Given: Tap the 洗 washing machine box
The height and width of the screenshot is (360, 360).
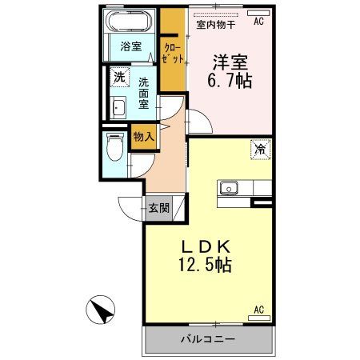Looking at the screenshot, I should pyautogui.click(x=118, y=78).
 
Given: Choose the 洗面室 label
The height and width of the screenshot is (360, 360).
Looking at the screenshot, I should pyautogui.click(x=143, y=93).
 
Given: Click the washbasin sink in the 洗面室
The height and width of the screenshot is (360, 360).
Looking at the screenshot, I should pyautogui.click(x=118, y=108).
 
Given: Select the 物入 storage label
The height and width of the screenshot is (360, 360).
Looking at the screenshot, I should pyautogui.click(x=142, y=138).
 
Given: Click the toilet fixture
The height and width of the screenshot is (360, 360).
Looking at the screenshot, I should pyautogui.click(x=113, y=147).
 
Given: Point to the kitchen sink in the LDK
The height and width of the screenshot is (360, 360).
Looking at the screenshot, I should pyautogui.click(x=229, y=188).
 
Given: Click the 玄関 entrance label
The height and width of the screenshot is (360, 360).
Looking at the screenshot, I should pyautogui.click(x=158, y=208).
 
